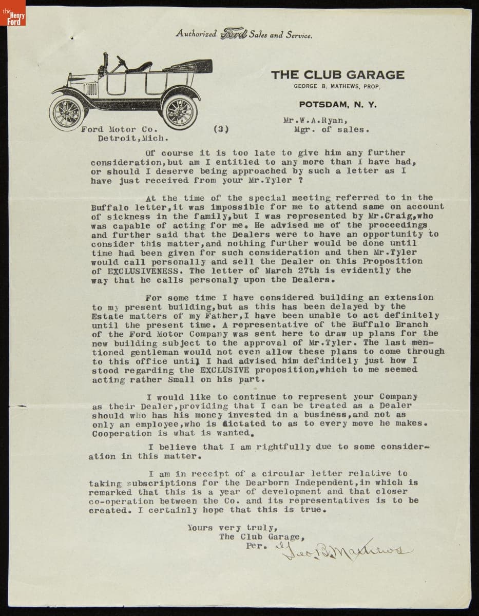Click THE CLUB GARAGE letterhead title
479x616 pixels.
coord(337,74)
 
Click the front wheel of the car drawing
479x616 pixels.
coord(67,113)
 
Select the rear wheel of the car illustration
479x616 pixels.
coord(179,111)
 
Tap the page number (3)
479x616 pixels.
coord(220,129)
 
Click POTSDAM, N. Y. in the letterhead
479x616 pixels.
coord(337,104)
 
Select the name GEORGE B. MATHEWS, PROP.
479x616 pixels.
coord(337,87)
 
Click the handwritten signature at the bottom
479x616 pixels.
coord(344,550)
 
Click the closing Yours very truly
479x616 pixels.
coord(232,527)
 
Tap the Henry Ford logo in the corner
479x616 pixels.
coord(13,17)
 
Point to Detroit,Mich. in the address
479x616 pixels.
coord(132,138)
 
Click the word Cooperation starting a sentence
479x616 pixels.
coord(122,433)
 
